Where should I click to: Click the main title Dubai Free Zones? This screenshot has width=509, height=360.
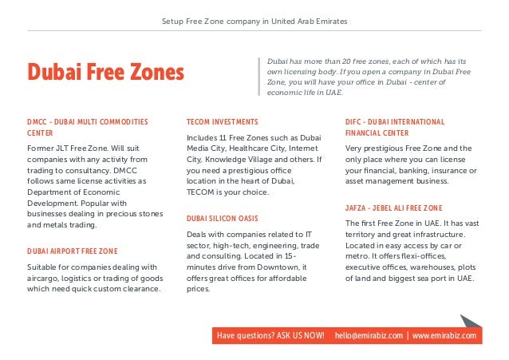[105, 73]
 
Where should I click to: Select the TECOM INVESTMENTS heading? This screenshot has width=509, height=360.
[222, 121]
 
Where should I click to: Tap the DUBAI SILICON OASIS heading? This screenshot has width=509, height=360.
[222, 217]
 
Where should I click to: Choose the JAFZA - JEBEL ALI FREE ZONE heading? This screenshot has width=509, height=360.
[393, 208]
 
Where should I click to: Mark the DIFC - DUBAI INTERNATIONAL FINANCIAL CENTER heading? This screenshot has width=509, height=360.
[394, 127]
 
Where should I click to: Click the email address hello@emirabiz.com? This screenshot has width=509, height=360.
[369, 336]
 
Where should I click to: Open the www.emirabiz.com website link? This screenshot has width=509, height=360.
[444, 336]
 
